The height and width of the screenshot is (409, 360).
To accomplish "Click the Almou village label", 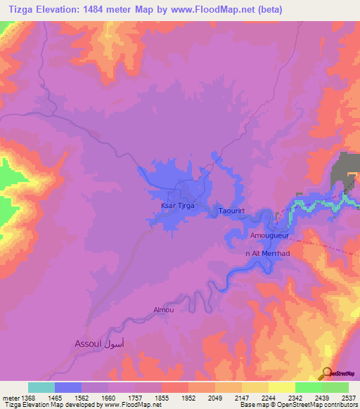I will coord(163,309).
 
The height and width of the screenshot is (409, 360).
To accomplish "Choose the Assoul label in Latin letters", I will coord(87,344).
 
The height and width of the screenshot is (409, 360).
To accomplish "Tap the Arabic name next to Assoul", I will coord(116,344).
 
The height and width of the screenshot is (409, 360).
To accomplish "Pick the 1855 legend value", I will coord(162,398).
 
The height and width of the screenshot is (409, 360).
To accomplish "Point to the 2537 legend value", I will coord(348,398).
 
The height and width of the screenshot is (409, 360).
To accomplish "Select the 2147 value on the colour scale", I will coord(241,398).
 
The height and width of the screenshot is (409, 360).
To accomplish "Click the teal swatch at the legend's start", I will coord(41,387).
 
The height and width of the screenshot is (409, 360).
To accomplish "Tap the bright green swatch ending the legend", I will coord(335,387).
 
